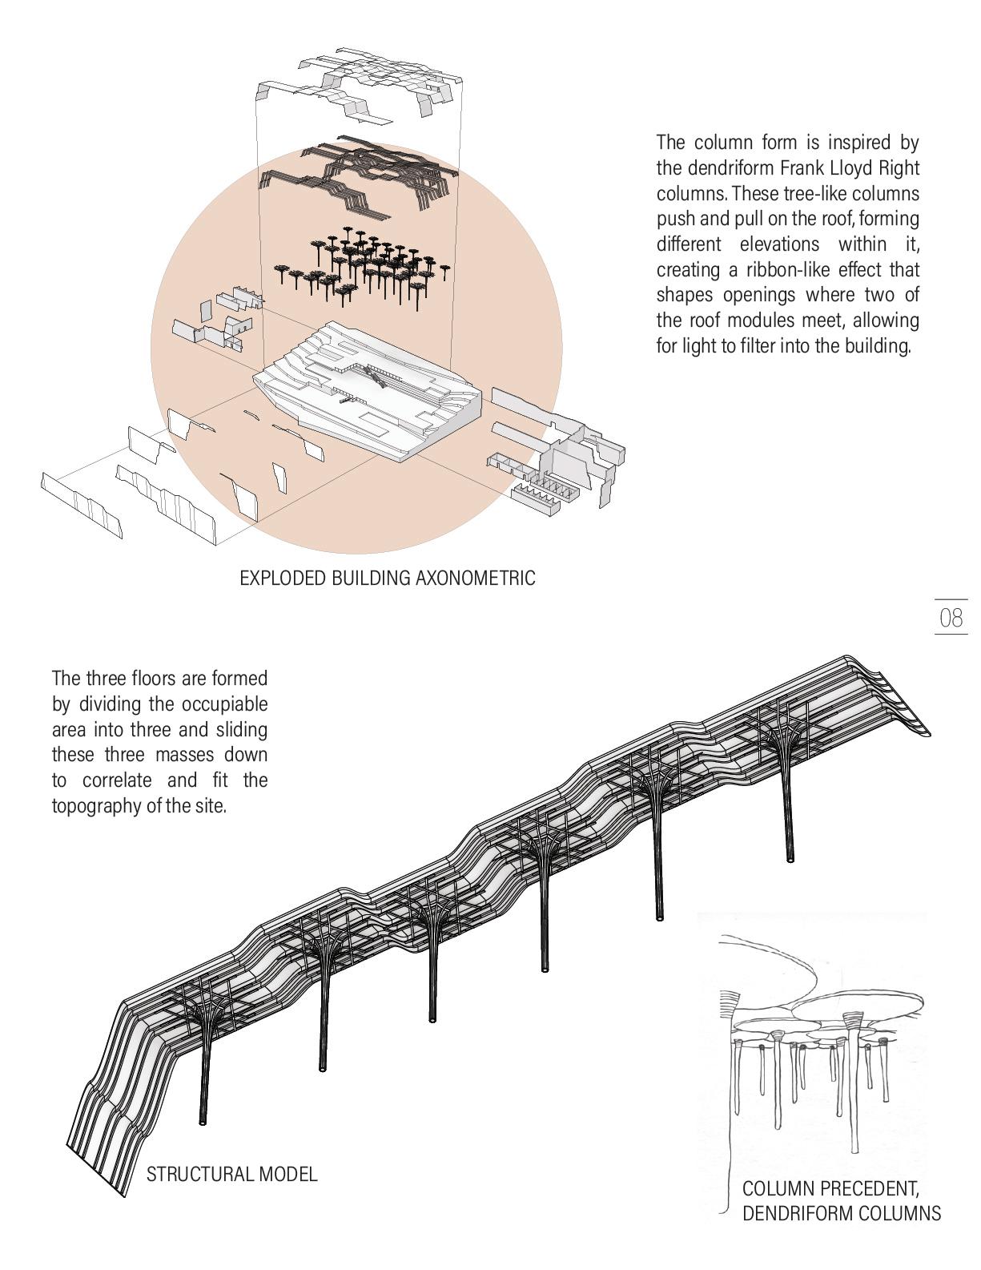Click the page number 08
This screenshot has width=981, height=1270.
point(951,618)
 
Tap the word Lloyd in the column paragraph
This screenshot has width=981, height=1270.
point(855,168)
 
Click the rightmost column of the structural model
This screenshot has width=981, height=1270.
point(791,809)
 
